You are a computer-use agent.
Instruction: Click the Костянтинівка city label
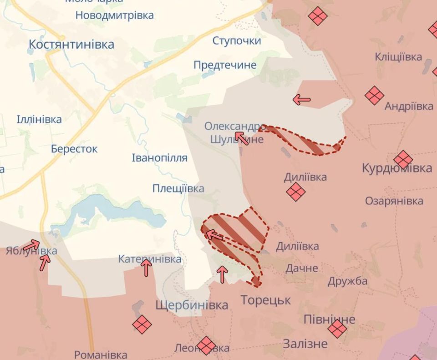click(x=71, y=45)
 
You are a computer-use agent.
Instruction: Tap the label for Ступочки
click(x=237, y=41)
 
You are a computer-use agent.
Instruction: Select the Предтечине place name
click(x=225, y=65)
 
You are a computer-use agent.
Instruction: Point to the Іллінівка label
click(x=39, y=120)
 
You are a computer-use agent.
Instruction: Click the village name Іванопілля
click(x=159, y=158)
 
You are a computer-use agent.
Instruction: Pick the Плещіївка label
click(x=178, y=188)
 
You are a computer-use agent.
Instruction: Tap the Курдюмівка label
click(x=397, y=168)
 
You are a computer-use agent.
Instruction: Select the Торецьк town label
click(x=265, y=300)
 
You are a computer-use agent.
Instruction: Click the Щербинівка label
click(x=192, y=305)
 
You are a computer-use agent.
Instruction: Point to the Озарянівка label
click(x=394, y=201)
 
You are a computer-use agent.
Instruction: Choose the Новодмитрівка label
click(x=114, y=15)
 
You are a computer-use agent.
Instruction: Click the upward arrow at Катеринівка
click(x=146, y=268)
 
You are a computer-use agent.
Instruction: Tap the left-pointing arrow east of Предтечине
click(x=302, y=100)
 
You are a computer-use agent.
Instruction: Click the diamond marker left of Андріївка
click(x=374, y=96)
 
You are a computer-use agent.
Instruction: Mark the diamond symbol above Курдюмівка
click(x=403, y=159)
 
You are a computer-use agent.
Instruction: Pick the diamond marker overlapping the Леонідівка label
click(x=206, y=346)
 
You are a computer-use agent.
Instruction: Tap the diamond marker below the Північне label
click(x=337, y=329)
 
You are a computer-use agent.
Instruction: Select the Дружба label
click(x=347, y=281)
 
